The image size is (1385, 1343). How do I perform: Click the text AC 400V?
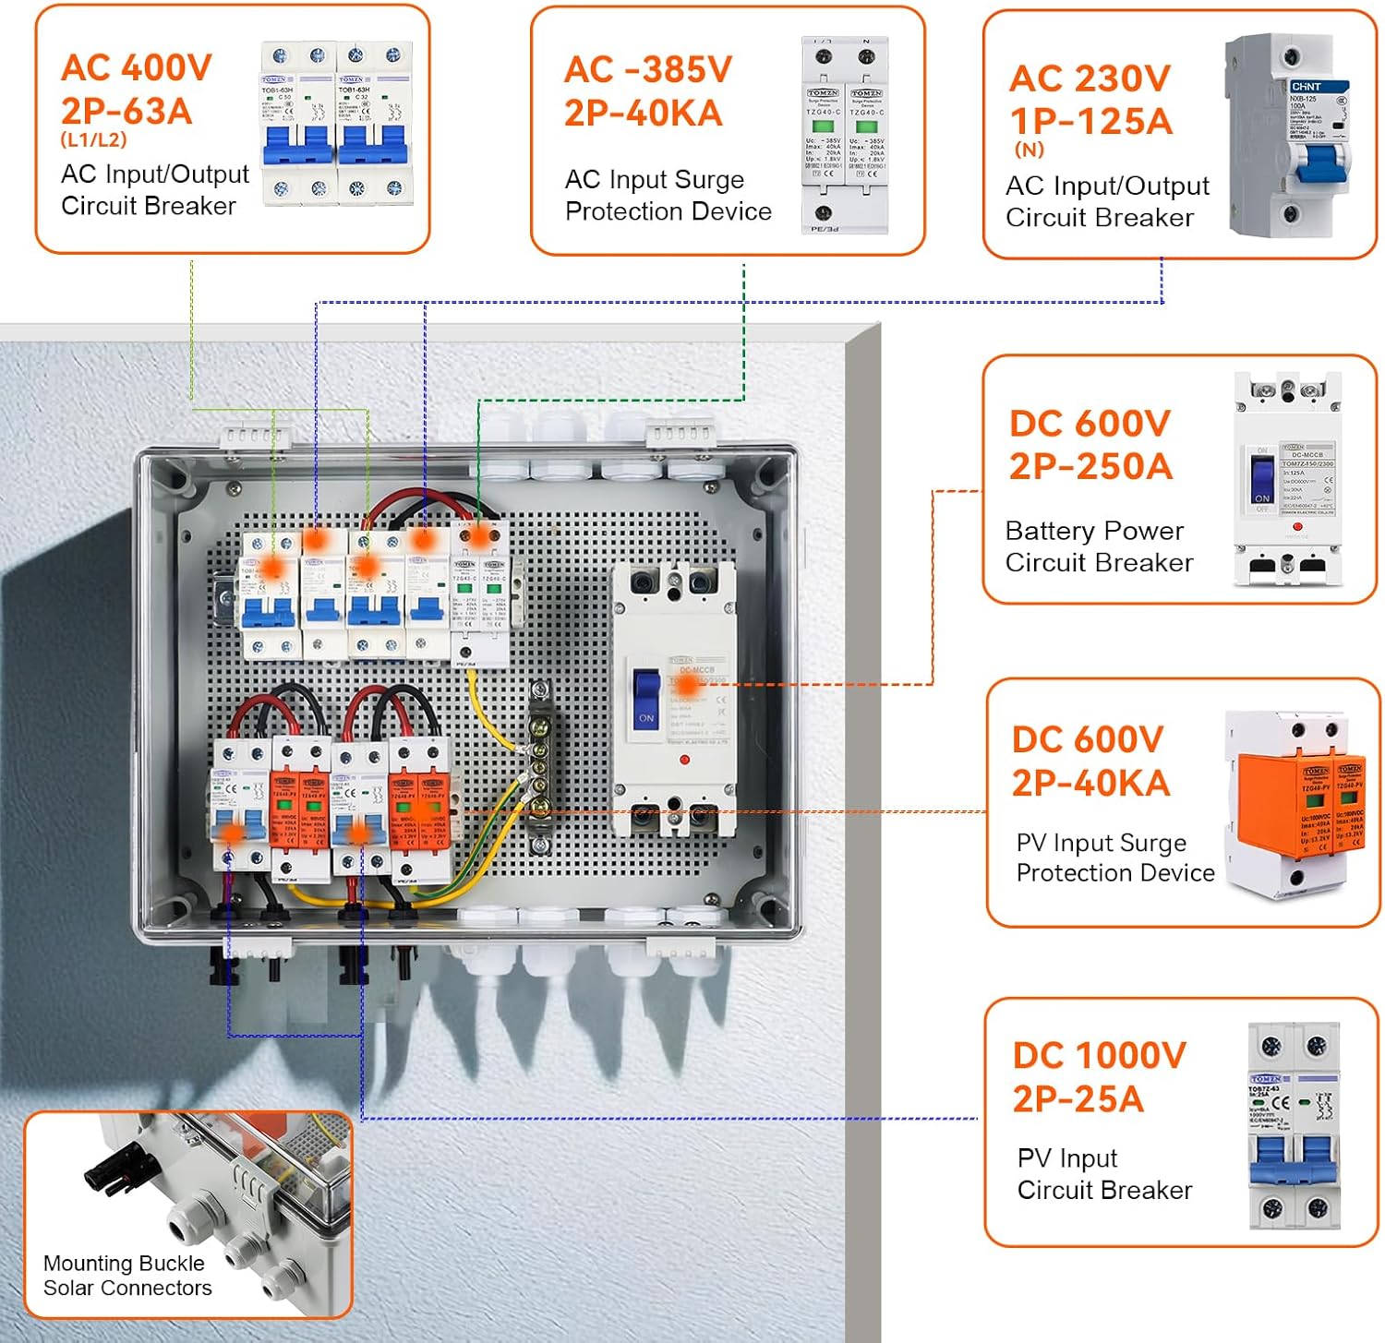[137, 67]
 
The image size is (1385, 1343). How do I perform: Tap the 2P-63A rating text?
[126, 112]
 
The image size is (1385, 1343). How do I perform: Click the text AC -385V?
[648, 69]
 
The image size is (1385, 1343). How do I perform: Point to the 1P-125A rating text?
[1090, 122]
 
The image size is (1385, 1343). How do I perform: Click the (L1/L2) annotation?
[93, 140]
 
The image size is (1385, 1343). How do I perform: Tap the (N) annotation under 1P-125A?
[1029, 150]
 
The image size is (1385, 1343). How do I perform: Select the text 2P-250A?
[1090, 467]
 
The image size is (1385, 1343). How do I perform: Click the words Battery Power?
[1094, 531]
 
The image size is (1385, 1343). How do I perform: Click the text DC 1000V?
[1099, 1055]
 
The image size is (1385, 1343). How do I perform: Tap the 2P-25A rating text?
[1078, 1099]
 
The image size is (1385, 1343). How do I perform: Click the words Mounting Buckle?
[124, 1263]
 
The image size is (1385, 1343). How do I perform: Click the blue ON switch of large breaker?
[646, 697]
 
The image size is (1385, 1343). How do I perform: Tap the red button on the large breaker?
[684, 760]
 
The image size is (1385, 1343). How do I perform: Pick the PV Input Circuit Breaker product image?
[1294, 1126]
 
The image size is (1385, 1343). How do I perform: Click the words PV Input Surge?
[1101, 843]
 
